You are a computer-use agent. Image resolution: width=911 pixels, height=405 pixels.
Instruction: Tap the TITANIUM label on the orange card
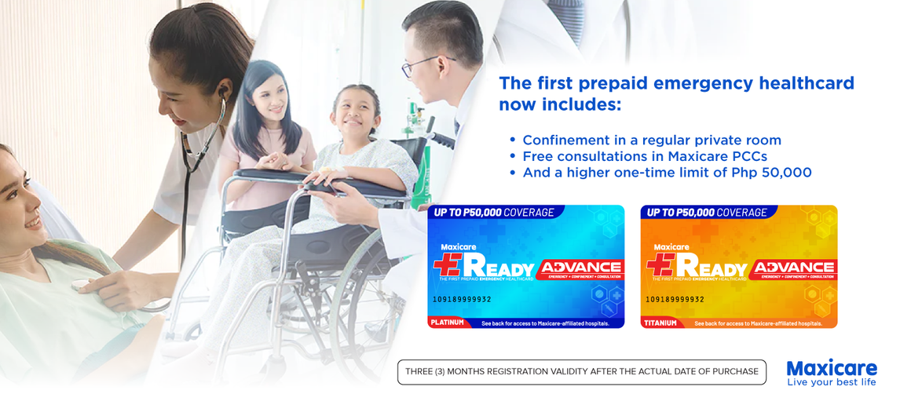click(660, 323)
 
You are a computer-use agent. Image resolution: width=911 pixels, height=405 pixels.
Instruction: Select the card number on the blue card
click(462, 299)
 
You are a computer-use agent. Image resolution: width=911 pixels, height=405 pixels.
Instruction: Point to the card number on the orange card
click(675, 299)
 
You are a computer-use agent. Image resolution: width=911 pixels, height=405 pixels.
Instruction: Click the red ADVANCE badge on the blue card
click(581, 268)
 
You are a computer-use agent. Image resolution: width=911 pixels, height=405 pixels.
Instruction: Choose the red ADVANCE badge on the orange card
click(794, 268)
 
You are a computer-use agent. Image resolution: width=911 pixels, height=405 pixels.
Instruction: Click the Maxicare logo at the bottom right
click(831, 368)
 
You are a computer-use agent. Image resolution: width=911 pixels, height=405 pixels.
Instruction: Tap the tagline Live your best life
click(831, 382)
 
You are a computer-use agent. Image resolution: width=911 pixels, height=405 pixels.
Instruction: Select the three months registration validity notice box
click(582, 371)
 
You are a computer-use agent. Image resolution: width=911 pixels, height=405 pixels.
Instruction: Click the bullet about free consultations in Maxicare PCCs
click(644, 156)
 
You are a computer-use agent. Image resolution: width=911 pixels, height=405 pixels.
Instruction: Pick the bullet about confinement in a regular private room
click(651, 140)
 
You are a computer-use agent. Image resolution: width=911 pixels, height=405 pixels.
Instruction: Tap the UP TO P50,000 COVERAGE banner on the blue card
click(492, 212)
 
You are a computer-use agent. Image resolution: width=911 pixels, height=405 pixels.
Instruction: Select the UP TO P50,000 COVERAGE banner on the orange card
click(705, 212)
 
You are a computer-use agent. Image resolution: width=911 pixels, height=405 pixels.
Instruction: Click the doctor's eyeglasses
click(421, 65)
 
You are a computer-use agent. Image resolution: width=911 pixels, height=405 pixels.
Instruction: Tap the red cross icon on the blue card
click(447, 266)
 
